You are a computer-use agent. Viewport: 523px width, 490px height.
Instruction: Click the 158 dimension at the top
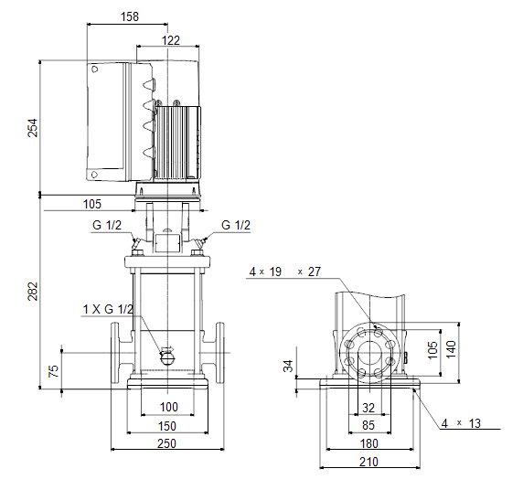coord(130,16)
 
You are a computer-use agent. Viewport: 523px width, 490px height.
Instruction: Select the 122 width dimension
coord(170,40)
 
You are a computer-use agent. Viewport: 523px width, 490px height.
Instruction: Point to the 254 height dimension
coord(33,128)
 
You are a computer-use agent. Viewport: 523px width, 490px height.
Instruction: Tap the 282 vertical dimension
coord(33,292)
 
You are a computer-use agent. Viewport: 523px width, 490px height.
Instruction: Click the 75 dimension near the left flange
coord(53,371)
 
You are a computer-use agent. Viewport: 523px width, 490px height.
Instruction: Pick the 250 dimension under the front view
coord(166,443)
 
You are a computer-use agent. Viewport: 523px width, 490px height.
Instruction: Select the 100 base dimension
coord(169,407)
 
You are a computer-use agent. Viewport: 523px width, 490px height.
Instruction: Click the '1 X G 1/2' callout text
coord(108,309)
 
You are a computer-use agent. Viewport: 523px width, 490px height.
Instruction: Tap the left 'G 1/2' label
coord(107,225)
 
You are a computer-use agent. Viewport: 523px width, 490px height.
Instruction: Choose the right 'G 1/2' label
coord(236,225)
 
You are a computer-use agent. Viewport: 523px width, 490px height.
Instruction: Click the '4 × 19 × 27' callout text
coord(285,272)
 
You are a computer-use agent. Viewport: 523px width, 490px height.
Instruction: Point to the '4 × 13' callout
coord(461,423)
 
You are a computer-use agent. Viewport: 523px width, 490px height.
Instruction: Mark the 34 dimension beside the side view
coord(288,366)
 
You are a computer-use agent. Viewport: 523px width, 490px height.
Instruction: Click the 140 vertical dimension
coord(451,349)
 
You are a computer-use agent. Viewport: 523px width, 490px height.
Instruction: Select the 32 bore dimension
coord(368,408)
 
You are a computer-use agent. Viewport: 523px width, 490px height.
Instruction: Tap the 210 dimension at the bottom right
coord(368,462)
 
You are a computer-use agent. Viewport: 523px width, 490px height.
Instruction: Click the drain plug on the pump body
coord(167,356)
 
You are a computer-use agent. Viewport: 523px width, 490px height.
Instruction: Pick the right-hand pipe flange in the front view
coord(219,353)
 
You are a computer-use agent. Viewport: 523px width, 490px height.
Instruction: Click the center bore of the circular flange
coord(370,353)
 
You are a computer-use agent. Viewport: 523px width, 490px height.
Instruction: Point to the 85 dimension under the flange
coord(368,425)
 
